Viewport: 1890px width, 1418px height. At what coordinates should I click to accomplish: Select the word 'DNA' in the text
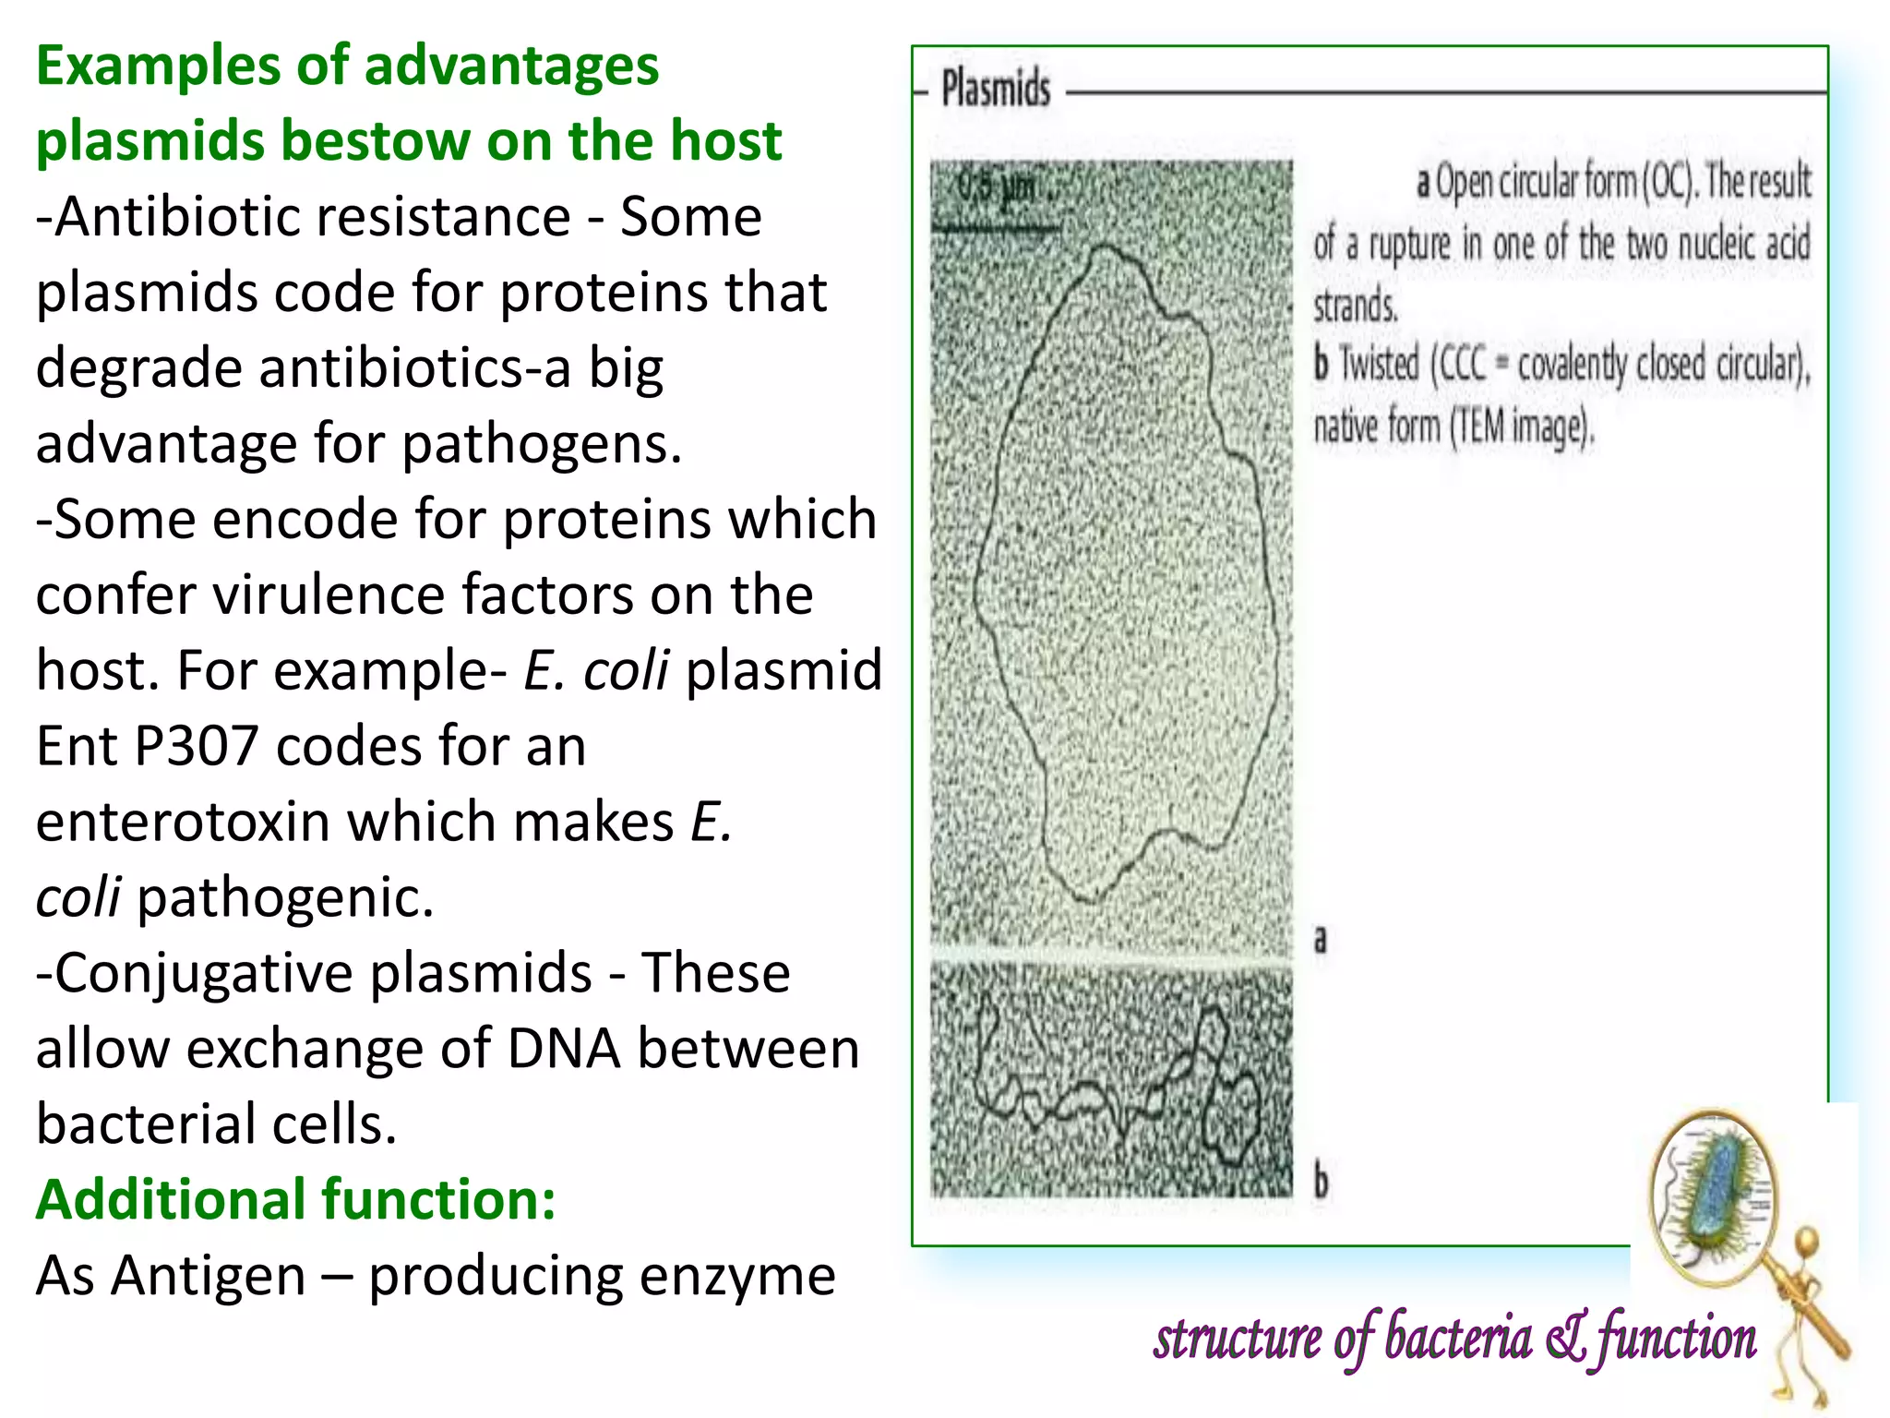point(563,1049)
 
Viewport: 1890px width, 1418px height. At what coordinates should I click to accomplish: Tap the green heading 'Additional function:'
point(295,1199)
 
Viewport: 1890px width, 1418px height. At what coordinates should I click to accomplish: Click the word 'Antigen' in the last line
point(208,1276)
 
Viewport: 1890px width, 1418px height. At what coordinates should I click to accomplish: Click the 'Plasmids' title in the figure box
point(995,90)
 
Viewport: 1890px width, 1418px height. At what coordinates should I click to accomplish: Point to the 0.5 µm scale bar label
point(996,188)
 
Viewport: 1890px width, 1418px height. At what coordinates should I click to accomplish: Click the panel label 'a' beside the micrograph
point(1320,939)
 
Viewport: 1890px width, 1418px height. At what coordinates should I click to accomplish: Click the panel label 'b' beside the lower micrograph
point(1321,1182)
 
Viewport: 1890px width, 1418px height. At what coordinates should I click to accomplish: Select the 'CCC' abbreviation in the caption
point(1462,364)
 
